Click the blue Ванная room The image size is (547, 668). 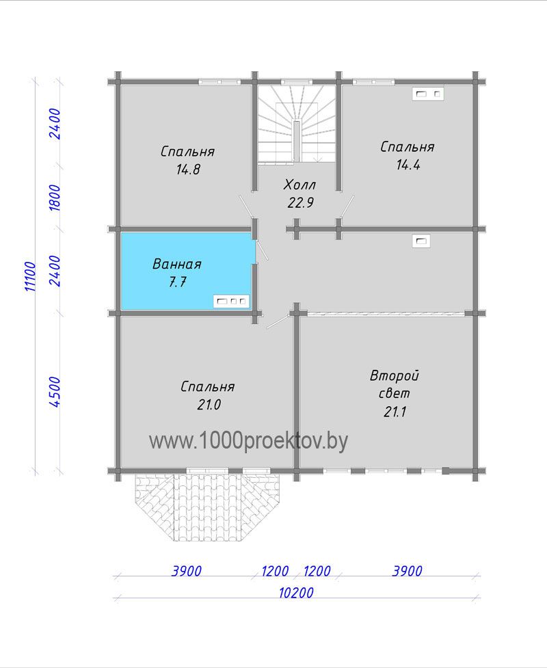pyautogui.click(x=187, y=271)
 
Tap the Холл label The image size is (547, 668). pyautogui.click(x=299, y=185)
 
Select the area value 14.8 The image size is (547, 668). pyautogui.click(x=188, y=170)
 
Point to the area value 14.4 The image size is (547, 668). pyautogui.click(x=408, y=165)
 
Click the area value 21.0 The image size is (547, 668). pyautogui.click(x=209, y=404)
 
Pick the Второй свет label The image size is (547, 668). pyautogui.click(x=394, y=384)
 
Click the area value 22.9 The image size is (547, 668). pyautogui.click(x=300, y=203)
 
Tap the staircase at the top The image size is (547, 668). pyautogui.click(x=297, y=124)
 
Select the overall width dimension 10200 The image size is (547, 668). pyautogui.click(x=296, y=593)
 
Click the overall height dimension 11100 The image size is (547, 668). pyautogui.click(x=31, y=276)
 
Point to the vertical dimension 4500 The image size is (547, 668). pyautogui.click(x=55, y=392)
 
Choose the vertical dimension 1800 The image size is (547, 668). pyautogui.click(x=55, y=197)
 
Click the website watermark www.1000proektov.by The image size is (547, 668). pyautogui.click(x=248, y=441)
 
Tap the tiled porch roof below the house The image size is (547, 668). pyautogui.click(x=208, y=507)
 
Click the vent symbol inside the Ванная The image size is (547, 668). pyautogui.click(x=231, y=302)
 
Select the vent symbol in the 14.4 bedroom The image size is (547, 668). pyautogui.click(x=428, y=94)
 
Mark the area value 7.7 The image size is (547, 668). pyautogui.click(x=178, y=282)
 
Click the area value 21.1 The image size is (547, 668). pyautogui.click(x=395, y=412)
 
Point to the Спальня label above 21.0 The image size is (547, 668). pyautogui.click(x=207, y=387)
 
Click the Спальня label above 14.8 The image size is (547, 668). pyautogui.click(x=187, y=152)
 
